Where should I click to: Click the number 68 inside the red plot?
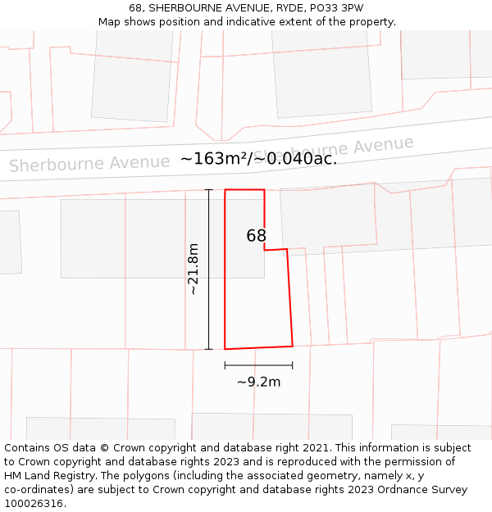257,236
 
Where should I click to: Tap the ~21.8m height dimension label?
193,269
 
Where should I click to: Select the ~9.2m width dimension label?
258,382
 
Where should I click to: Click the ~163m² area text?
214,158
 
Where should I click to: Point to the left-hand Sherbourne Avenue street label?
89,163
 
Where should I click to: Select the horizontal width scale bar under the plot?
258,365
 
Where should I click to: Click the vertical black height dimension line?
209,270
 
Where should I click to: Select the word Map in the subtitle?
110,22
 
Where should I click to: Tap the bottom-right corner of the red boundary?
293,346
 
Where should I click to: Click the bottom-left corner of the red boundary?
225,349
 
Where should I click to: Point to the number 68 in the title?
135,8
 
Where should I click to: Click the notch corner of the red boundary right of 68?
265,250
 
